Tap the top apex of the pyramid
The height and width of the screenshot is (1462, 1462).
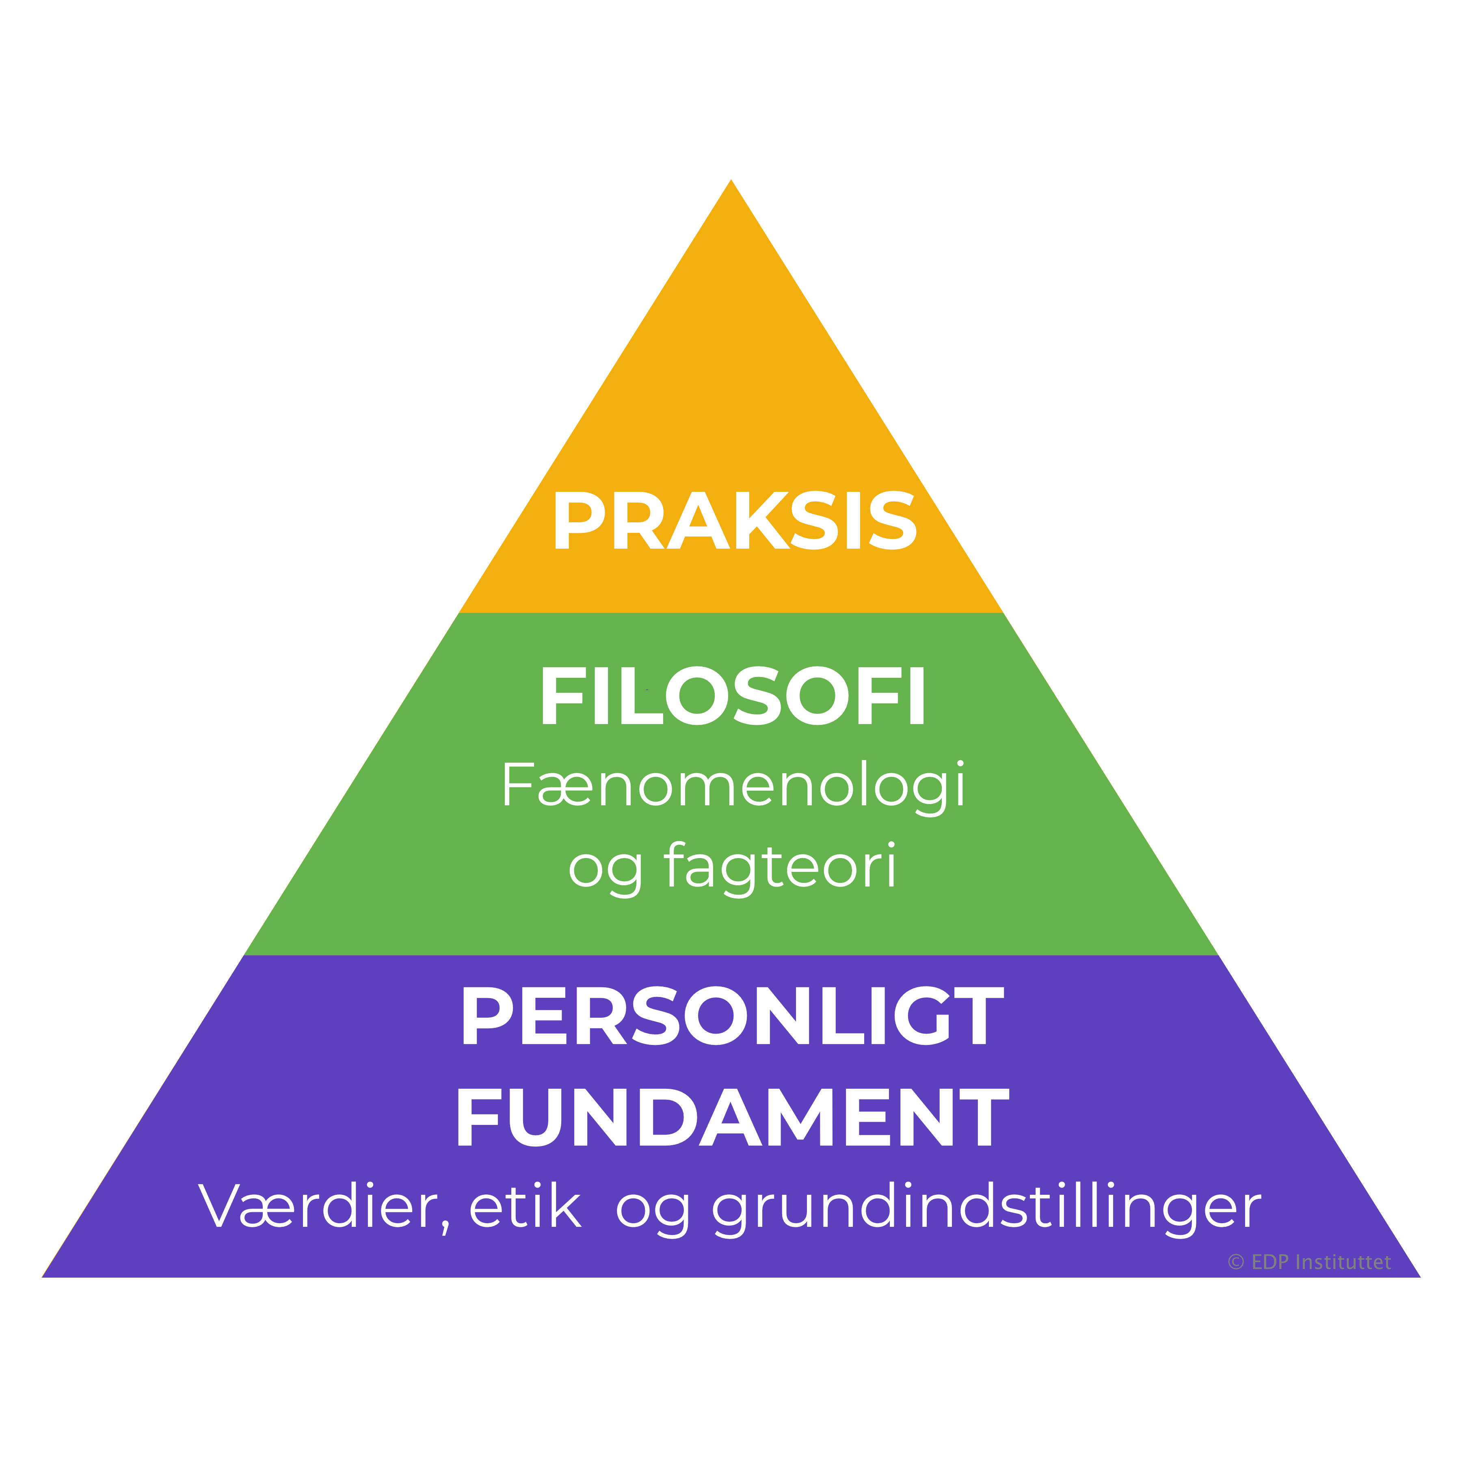pos(731,180)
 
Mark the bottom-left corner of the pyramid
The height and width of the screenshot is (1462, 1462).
pos(42,1277)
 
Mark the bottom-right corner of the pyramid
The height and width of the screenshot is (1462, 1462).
pos(1420,1277)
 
